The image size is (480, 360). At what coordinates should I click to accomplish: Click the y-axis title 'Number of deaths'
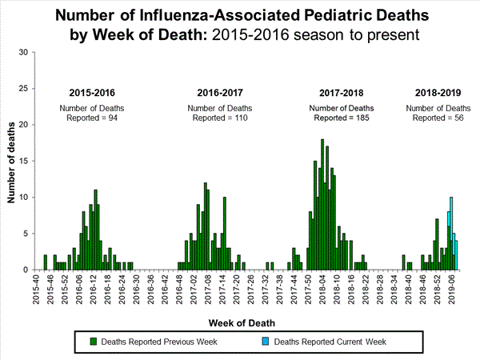pyautogui.click(x=11, y=162)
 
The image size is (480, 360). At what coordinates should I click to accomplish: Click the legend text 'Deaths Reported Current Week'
pyautogui.click(x=330, y=342)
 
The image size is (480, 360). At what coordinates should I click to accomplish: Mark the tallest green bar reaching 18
pyautogui.click(x=322, y=204)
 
